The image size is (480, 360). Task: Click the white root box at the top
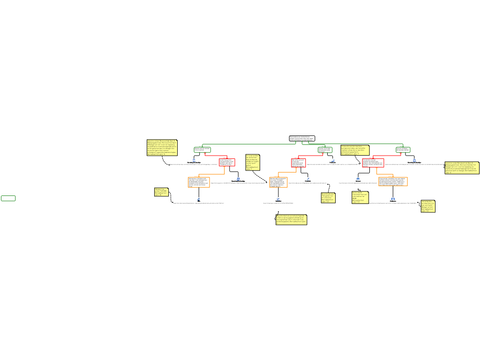pos(302,138)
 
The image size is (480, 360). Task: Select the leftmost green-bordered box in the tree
pos(202,150)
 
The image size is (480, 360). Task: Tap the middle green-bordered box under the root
pos(325,150)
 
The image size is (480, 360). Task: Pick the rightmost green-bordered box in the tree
pos(403,150)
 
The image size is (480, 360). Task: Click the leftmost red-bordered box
pos(227,162)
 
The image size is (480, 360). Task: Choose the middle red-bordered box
pos(299,163)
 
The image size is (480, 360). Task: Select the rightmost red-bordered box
pos(373,163)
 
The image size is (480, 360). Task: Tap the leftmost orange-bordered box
pos(199,182)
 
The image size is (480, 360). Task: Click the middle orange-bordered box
pos(278,182)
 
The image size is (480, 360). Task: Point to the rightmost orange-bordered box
pos(393,181)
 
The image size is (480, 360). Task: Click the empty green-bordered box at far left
pos(8,198)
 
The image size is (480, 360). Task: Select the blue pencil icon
pos(308,179)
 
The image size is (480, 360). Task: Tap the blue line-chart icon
pos(278,199)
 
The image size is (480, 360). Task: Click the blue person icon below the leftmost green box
pos(194,160)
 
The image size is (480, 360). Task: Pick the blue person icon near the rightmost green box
pos(414,160)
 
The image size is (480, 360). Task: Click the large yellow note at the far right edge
pos(462,168)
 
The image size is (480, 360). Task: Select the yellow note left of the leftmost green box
pos(162,147)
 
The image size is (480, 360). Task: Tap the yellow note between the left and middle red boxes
pos(252,162)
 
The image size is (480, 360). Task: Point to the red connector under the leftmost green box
pos(216,156)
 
